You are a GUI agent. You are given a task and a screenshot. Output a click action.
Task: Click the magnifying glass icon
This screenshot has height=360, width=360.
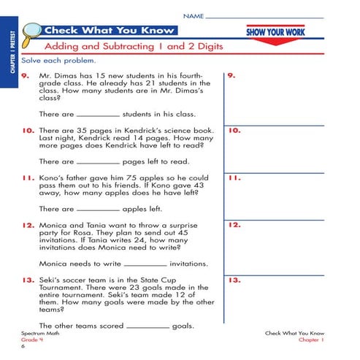[31, 32]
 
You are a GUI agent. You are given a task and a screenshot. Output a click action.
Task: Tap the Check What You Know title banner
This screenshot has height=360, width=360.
[110, 31]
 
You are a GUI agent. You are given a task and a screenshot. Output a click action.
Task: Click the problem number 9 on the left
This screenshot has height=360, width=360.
[25, 75]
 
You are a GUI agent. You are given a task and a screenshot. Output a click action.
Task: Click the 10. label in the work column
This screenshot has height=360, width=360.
[235, 131]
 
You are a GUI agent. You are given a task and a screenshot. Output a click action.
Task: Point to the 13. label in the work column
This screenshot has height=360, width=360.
[235, 280]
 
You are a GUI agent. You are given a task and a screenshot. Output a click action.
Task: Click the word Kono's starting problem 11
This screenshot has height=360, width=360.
[51, 178]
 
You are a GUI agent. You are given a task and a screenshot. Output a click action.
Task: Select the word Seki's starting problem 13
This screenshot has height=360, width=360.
[50, 280]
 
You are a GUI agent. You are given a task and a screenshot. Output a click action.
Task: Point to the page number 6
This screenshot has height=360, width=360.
[23, 347]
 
